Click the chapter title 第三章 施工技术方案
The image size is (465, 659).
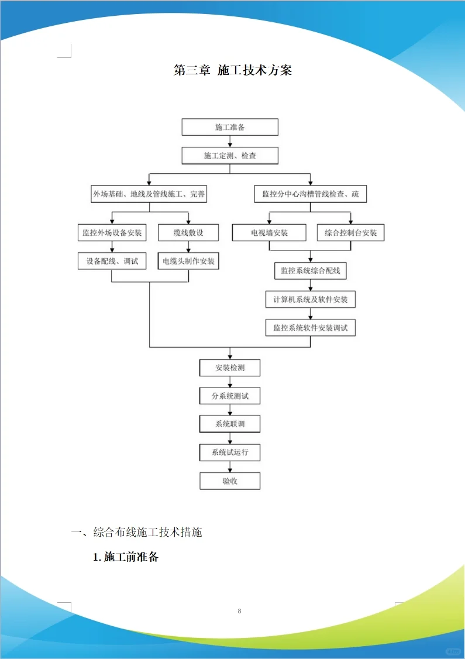(x=233, y=70)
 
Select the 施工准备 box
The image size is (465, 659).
(x=230, y=127)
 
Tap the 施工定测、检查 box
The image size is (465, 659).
(x=230, y=156)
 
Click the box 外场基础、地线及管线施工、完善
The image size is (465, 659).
(x=149, y=194)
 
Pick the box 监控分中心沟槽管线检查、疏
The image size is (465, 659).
(x=311, y=194)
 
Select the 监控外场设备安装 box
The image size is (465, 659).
(x=112, y=232)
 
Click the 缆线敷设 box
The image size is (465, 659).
(x=188, y=232)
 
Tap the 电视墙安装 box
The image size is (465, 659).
(x=269, y=232)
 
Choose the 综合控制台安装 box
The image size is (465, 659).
(x=351, y=232)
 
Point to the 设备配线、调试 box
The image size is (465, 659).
(x=112, y=261)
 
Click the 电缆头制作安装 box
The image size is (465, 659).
(x=188, y=261)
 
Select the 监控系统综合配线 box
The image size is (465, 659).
(x=311, y=270)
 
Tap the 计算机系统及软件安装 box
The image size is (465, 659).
(x=311, y=300)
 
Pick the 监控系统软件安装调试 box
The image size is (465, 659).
(x=311, y=328)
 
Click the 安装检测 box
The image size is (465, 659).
(x=230, y=368)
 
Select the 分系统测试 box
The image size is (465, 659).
(x=230, y=396)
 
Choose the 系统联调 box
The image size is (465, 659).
(x=230, y=424)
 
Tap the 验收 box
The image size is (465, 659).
(x=230, y=481)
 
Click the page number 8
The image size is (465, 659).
(x=239, y=611)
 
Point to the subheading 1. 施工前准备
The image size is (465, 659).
(x=126, y=557)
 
